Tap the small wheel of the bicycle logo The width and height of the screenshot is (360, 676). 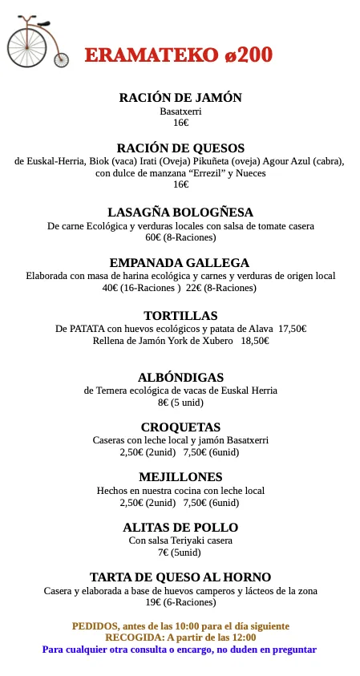[x=62, y=60]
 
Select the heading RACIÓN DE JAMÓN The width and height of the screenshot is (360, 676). [x=180, y=98]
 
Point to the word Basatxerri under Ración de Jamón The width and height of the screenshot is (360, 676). [x=180, y=111]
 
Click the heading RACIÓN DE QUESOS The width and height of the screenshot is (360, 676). [x=180, y=148]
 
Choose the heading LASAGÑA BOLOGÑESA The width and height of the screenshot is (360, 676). [x=180, y=213]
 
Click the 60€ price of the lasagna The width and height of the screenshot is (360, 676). [x=154, y=238]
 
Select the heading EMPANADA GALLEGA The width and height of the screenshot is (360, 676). [x=180, y=263]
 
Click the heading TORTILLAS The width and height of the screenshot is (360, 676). [x=180, y=316]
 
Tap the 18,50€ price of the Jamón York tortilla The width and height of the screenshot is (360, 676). [x=254, y=341]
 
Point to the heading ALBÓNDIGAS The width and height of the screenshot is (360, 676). [x=180, y=378]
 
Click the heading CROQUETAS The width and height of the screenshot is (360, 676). [x=180, y=427]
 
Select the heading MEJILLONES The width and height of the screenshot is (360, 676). [x=180, y=477]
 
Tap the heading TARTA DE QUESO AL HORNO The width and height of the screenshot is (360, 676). [x=180, y=577]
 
